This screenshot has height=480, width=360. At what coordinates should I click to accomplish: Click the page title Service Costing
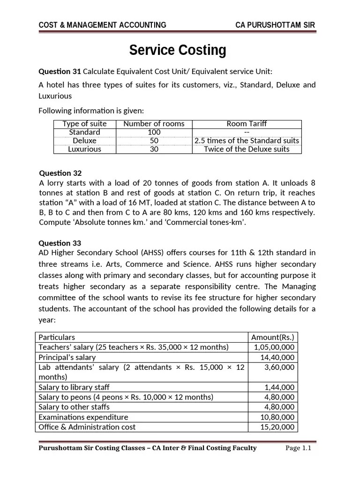click(178, 50)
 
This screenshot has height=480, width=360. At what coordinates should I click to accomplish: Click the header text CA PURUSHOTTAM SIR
click(276, 25)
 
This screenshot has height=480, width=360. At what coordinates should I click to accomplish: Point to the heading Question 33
click(60, 243)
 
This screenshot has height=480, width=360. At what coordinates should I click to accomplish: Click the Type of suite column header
click(84, 124)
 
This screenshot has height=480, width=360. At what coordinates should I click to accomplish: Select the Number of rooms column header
click(154, 124)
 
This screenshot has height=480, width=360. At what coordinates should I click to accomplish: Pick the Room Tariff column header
click(247, 124)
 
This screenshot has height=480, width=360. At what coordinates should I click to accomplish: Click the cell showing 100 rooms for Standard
click(154, 132)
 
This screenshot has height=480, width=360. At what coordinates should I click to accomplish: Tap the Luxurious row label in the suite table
click(84, 149)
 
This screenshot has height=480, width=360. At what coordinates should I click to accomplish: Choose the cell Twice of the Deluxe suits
click(247, 149)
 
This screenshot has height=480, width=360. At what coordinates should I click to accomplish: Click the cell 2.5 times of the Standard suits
click(247, 141)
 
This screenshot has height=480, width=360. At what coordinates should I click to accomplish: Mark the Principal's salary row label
click(67, 357)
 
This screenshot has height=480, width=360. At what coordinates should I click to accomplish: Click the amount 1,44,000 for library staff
click(279, 387)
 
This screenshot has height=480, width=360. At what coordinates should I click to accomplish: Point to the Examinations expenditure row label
click(83, 417)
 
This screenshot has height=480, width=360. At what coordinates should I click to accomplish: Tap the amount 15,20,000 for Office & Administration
click(277, 427)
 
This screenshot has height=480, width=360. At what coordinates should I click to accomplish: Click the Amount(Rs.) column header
click(273, 337)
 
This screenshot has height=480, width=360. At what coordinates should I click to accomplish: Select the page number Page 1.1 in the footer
click(299, 448)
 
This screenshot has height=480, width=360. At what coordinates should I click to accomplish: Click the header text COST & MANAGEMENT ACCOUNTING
click(102, 25)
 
